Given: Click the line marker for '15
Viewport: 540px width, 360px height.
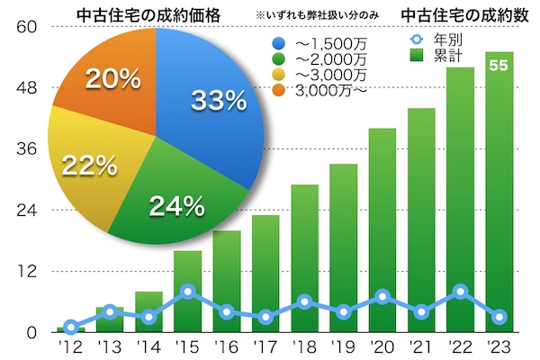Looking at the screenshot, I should click(187, 292).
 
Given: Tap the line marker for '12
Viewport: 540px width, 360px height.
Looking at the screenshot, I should click(70, 327).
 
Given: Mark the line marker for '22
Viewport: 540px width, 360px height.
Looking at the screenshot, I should click(461, 292).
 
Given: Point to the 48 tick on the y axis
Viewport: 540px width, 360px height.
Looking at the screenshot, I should click(25, 88).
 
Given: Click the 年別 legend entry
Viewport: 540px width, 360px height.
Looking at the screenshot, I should click(440, 39).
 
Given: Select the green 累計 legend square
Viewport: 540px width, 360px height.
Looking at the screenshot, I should click(416, 54).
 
